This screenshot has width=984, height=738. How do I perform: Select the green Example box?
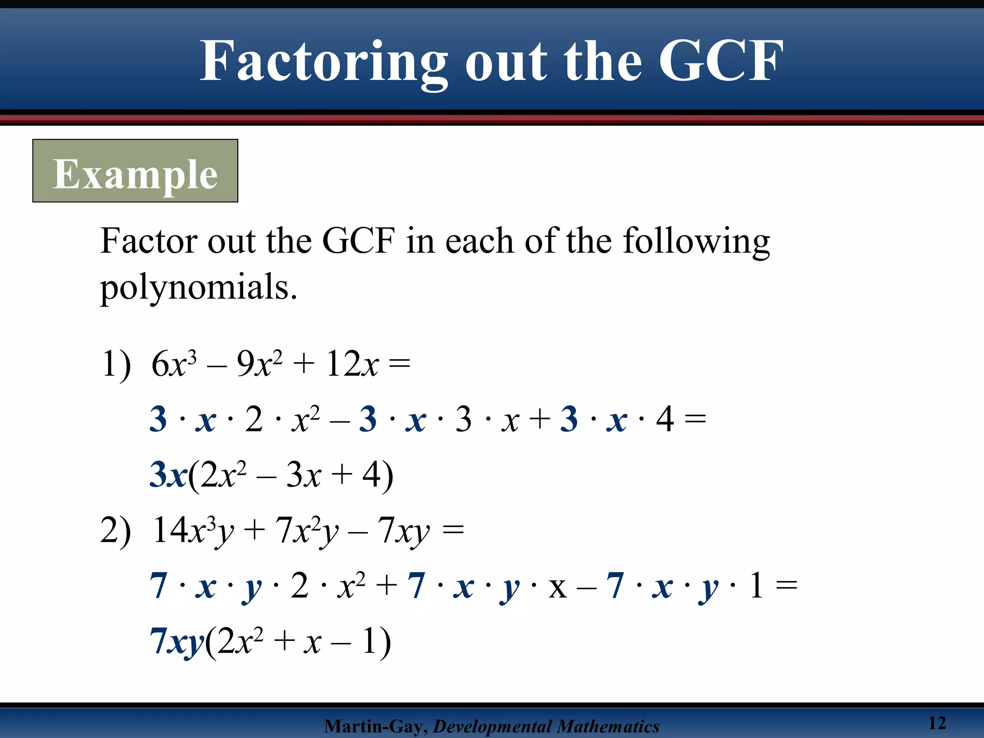click(x=135, y=171)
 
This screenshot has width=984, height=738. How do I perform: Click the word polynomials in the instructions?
click(x=198, y=287)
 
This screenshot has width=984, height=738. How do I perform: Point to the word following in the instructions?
click(x=696, y=241)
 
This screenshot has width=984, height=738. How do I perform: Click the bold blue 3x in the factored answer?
click(x=168, y=475)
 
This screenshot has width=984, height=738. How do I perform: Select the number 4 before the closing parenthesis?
click(x=371, y=475)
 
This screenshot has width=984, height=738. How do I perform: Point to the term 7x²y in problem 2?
click(x=307, y=531)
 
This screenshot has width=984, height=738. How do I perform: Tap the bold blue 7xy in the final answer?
click(x=177, y=641)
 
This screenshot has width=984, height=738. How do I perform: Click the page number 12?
click(x=936, y=723)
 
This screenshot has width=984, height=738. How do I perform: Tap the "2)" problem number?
click(x=115, y=531)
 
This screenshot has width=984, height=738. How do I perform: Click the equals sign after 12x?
click(x=399, y=364)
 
